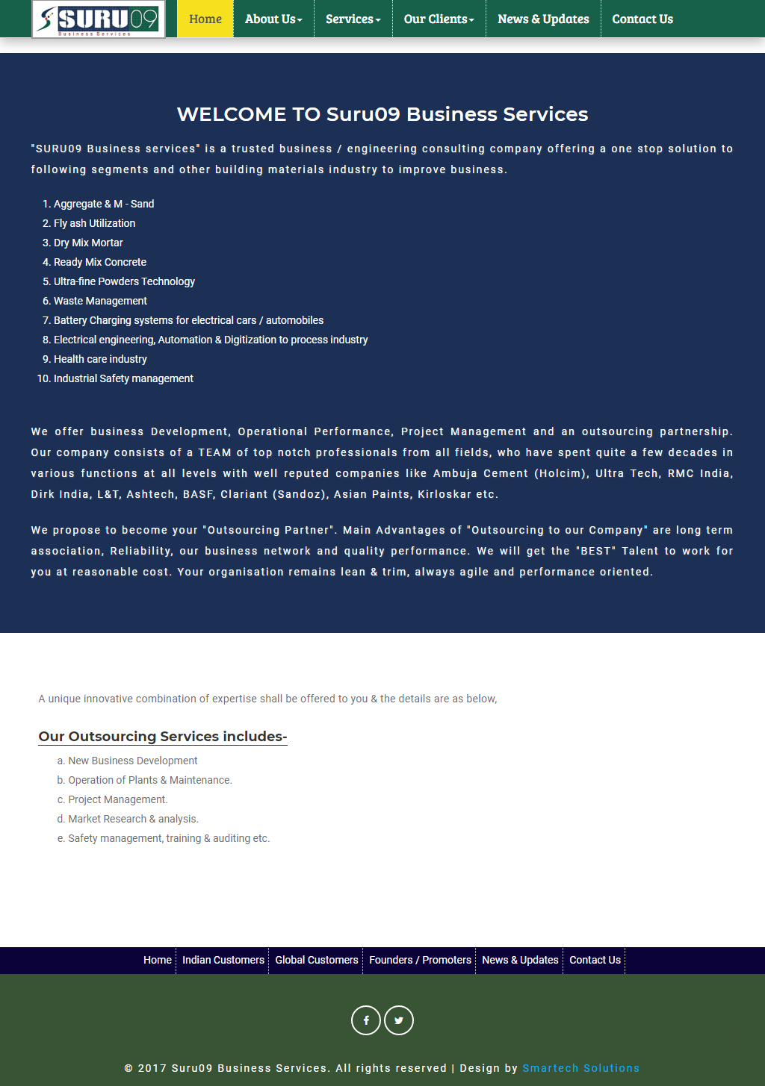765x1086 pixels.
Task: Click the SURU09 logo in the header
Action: (99, 19)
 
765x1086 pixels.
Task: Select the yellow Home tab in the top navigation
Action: (205, 19)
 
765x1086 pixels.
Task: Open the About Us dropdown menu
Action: (273, 19)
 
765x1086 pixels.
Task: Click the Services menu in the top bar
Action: (353, 19)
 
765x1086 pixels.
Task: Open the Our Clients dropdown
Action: (439, 19)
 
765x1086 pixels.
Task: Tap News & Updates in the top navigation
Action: (543, 19)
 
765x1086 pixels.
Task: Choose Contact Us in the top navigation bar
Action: (642, 19)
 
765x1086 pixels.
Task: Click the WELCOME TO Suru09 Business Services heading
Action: (382, 114)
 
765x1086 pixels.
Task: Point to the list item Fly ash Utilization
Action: (94, 223)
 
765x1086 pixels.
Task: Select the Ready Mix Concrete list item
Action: (100, 262)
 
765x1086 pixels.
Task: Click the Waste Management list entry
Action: (100, 301)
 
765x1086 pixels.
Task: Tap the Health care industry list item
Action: (100, 359)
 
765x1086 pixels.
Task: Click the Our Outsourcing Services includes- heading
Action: (163, 737)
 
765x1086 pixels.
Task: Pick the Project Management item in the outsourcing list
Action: (118, 799)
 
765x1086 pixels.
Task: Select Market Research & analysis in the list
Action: (133, 819)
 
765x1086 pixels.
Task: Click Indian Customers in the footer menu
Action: (223, 960)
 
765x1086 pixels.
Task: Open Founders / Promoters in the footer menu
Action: (420, 960)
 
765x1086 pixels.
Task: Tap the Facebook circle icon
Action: (366, 1020)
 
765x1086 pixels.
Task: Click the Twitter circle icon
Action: (399, 1020)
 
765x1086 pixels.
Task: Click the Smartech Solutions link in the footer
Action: (580, 1068)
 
